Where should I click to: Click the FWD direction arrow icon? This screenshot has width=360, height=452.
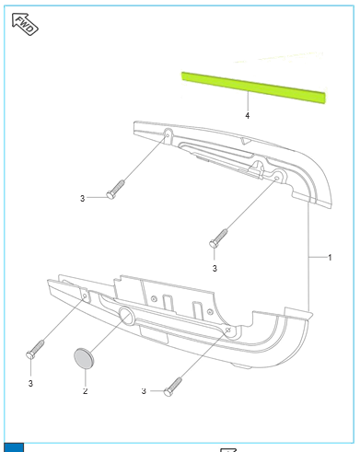coord(25,24)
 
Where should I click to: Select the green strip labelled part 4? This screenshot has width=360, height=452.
coord(253,87)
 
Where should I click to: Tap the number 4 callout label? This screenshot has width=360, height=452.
coord(248,115)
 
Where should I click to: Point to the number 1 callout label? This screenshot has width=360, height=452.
coord(330,257)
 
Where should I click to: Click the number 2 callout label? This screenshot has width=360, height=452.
coord(85,391)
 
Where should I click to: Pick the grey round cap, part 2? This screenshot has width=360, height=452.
coord(84,358)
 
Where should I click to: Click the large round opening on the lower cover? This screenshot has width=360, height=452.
coord(126,315)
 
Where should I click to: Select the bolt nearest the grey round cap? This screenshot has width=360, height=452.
coord(35,350)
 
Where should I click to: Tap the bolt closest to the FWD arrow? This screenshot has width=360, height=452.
coord(115,190)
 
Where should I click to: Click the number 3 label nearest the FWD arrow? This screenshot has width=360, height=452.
coord(82,198)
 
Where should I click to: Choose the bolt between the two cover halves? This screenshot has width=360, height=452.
coord(218,238)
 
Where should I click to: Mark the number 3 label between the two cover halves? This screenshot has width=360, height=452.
coord(215,268)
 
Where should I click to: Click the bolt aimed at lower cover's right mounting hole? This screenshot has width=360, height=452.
coord(173,387)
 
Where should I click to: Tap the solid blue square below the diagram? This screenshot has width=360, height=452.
coord(14,447)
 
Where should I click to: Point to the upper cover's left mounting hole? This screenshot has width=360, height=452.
coord(168,134)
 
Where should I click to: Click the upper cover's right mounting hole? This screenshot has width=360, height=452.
coord(276,178)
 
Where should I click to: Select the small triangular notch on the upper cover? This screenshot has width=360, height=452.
coord(246,141)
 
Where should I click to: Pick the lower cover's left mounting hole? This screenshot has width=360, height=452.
coord(85,296)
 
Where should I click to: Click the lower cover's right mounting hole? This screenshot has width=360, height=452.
coord(228,330)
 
